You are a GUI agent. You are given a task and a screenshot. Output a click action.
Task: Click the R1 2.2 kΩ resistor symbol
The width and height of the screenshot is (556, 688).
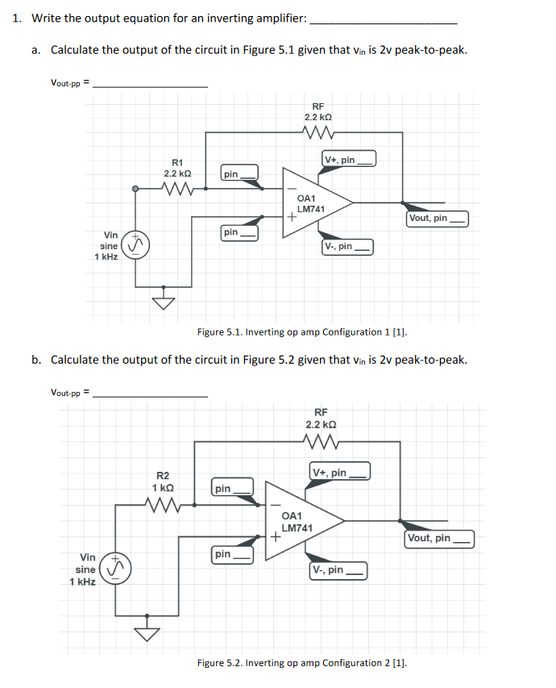click(176, 190)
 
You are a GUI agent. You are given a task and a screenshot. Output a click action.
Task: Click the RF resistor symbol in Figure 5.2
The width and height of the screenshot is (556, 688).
click(320, 441)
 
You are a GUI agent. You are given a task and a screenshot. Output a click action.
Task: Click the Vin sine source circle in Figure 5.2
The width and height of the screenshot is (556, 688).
click(115, 570)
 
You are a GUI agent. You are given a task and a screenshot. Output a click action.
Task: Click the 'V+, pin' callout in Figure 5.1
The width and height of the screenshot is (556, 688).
click(349, 160)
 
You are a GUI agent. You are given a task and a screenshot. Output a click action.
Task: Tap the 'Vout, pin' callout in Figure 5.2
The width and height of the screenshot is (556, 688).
click(439, 538)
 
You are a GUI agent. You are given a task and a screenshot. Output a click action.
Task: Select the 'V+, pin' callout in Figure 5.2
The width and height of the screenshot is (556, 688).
click(339, 473)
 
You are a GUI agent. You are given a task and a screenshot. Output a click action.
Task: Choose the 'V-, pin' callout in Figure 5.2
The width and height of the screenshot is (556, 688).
click(338, 570)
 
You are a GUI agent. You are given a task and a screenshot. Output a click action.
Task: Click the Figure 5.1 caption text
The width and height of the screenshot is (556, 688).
click(302, 331)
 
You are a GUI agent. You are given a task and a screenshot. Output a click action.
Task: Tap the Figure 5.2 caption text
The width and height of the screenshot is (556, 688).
click(302, 663)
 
